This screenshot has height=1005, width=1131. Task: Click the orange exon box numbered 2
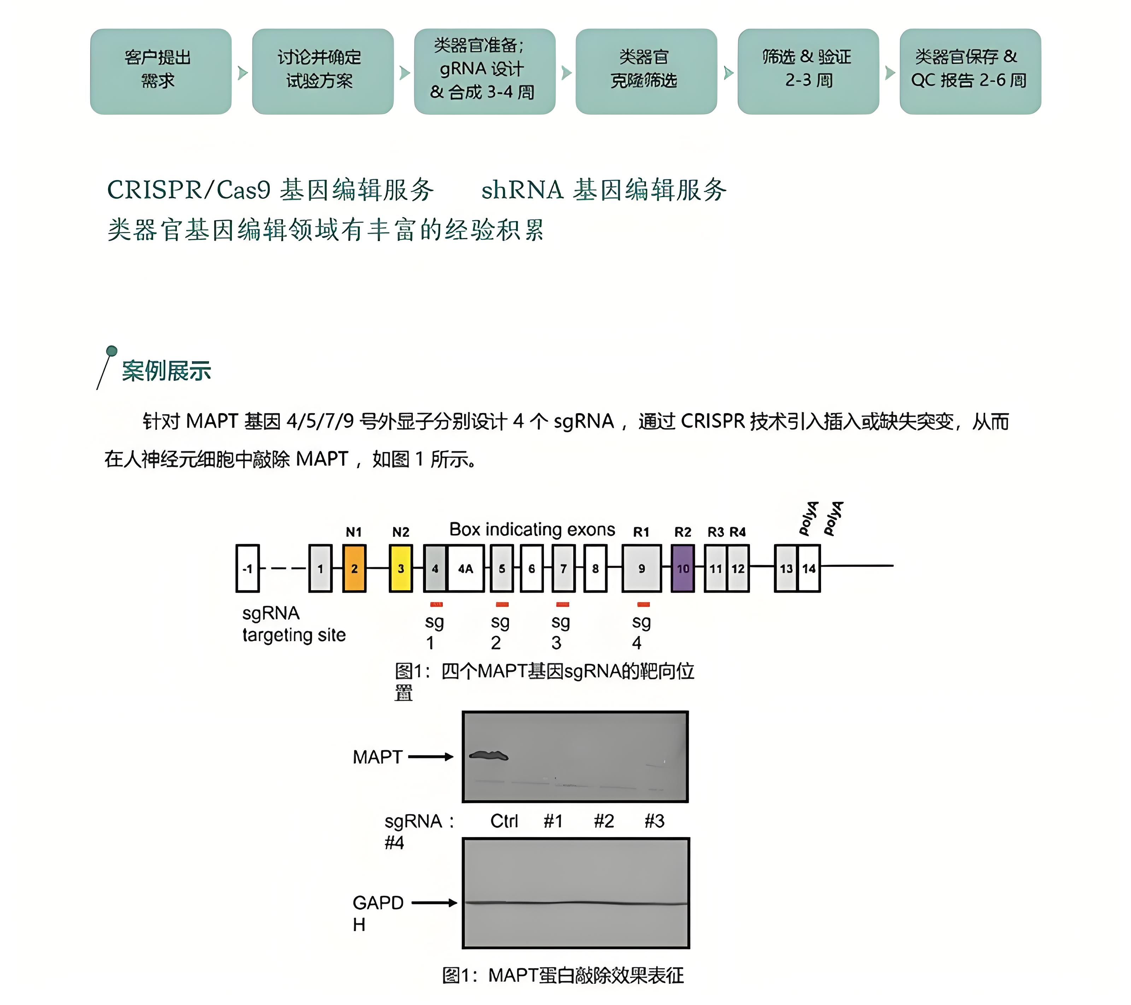(x=354, y=568)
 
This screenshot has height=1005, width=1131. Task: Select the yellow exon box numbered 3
(x=400, y=568)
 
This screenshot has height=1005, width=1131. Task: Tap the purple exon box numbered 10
(x=683, y=568)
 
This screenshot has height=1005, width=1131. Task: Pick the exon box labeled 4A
(x=465, y=568)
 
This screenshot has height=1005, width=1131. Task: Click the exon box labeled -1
(x=247, y=568)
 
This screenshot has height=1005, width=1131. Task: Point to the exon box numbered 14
(x=809, y=568)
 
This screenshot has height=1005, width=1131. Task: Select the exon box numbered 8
(x=596, y=568)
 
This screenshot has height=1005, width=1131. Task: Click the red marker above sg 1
(x=436, y=604)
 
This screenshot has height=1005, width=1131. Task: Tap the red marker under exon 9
(x=643, y=604)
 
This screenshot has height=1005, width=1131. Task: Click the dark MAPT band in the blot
(x=488, y=756)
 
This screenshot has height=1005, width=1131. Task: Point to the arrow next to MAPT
(x=430, y=757)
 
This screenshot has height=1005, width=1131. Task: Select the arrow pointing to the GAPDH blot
(x=434, y=903)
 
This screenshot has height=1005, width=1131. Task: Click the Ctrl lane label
(x=504, y=821)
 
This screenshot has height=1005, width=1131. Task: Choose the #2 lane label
(x=604, y=821)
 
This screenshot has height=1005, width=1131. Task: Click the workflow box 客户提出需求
(x=160, y=71)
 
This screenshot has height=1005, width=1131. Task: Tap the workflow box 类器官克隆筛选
(x=646, y=71)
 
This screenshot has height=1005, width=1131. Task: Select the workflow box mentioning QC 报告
(x=970, y=71)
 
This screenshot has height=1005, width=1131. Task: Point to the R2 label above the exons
(x=683, y=532)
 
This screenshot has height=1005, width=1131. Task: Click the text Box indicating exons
(x=532, y=529)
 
